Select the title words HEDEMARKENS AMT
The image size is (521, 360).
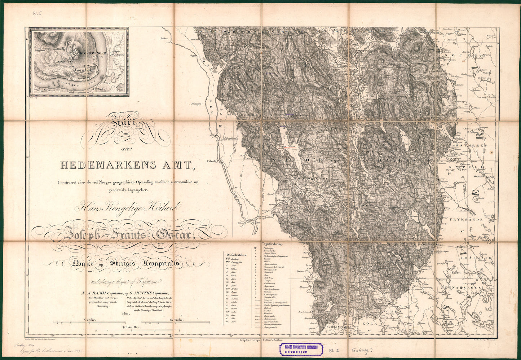click(x=126, y=165)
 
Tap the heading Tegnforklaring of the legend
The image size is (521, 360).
click(x=272, y=243)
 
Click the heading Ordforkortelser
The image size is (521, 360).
click(x=236, y=254)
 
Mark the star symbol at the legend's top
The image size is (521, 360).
click(x=255, y=248)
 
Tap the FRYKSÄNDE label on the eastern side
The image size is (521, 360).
click(x=463, y=219)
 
